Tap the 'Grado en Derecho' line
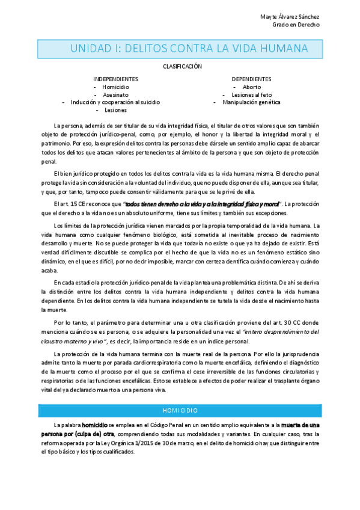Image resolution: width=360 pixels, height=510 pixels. pyautogui.click(x=296, y=25)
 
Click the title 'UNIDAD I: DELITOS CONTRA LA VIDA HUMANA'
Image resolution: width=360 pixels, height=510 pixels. pyautogui.click(x=189, y=48)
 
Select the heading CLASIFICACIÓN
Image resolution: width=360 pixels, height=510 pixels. pyautogui.click(x=182, y=67)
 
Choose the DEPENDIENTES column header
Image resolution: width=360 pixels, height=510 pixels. pyautogui.click(x=251, y=79)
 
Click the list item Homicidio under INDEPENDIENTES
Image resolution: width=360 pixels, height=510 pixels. pyautogui.click(x=115, y=87)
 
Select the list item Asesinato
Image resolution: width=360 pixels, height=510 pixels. pyautogui.click(x=115, y=94)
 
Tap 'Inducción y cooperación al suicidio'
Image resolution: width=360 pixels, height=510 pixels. pyautogui.click(x=115, y=102)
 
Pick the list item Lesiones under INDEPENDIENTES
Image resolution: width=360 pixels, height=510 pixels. pyautogui.click(x=115, y=110)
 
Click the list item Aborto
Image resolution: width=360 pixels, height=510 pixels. pyautogui.click(x=251, y=87)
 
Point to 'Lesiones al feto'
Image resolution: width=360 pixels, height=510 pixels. pyautogui.click(x=251, y=94)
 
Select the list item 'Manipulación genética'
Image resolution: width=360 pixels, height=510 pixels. pyautogui.click(x=251, y=102)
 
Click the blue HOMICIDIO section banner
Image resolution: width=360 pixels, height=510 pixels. pyautogui.click(x=180, y=410)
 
